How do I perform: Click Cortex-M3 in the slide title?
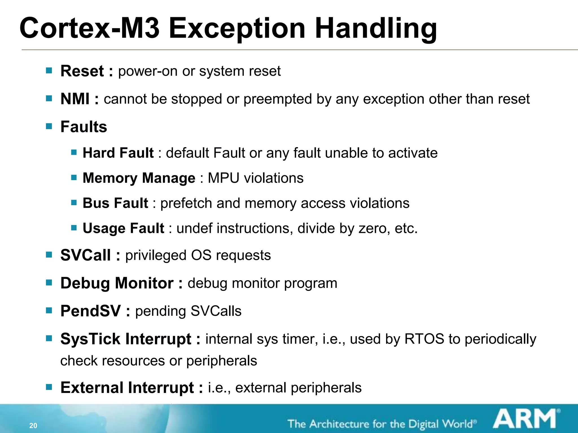[x=89, y=28]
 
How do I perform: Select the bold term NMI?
[x=75, y=99]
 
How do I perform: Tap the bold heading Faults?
[x=84, y=127]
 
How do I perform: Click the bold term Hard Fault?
[x=118, y=153]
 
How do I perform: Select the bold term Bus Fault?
[x=115, y=203]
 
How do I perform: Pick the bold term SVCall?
[x=85, y=255]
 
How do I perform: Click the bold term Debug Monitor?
[x=117, y=283]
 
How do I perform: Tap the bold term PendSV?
[x=90, y=311]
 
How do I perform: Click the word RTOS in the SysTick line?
[x=424, y=339]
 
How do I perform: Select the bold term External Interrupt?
[x=127, y=388]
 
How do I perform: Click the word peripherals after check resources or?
[x=222, y=361]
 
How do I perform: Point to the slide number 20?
[x=33, y=426]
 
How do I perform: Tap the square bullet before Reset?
[x=49, y=70]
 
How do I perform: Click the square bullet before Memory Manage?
[x=74, y=178]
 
